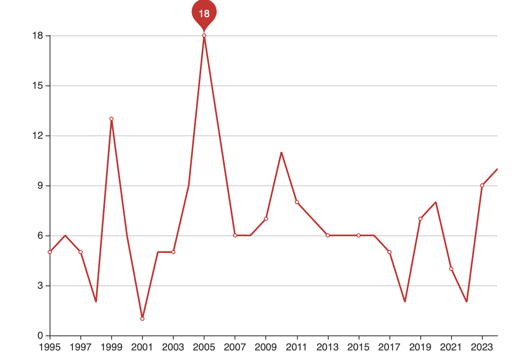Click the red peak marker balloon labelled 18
coord(204,14)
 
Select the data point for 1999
coord(112,119)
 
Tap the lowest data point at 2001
coord(142,319)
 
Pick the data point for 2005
coord(204,35)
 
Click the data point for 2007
coord(235,235)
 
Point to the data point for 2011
coord(297,202)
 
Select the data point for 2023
coord(482,185)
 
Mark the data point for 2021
coord(451,269)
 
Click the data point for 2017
coord(389,252)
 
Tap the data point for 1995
coord(50,252)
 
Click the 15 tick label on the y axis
coord(37,86)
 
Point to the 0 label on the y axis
coord(40,335)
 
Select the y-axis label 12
coord(37,135)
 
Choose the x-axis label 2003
coord(173,347)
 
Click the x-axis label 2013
coord(328,347)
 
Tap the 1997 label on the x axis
coord(80,347)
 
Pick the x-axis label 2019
coord(420,347)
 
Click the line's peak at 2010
coord(281,152)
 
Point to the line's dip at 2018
coord(405,301)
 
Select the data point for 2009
coord(266,219)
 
